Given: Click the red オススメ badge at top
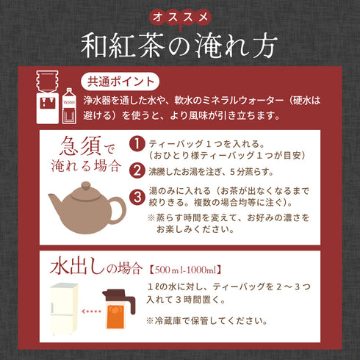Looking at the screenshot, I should pos(179,15).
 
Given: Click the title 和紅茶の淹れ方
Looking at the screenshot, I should pos(179,46).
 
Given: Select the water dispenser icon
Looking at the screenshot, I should pos(47,98).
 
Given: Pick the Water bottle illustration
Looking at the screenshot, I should pos(68,103).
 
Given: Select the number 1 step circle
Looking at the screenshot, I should pos(137,143).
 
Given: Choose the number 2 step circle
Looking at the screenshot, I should pos(137,170).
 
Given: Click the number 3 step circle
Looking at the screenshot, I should pos(137,197).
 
